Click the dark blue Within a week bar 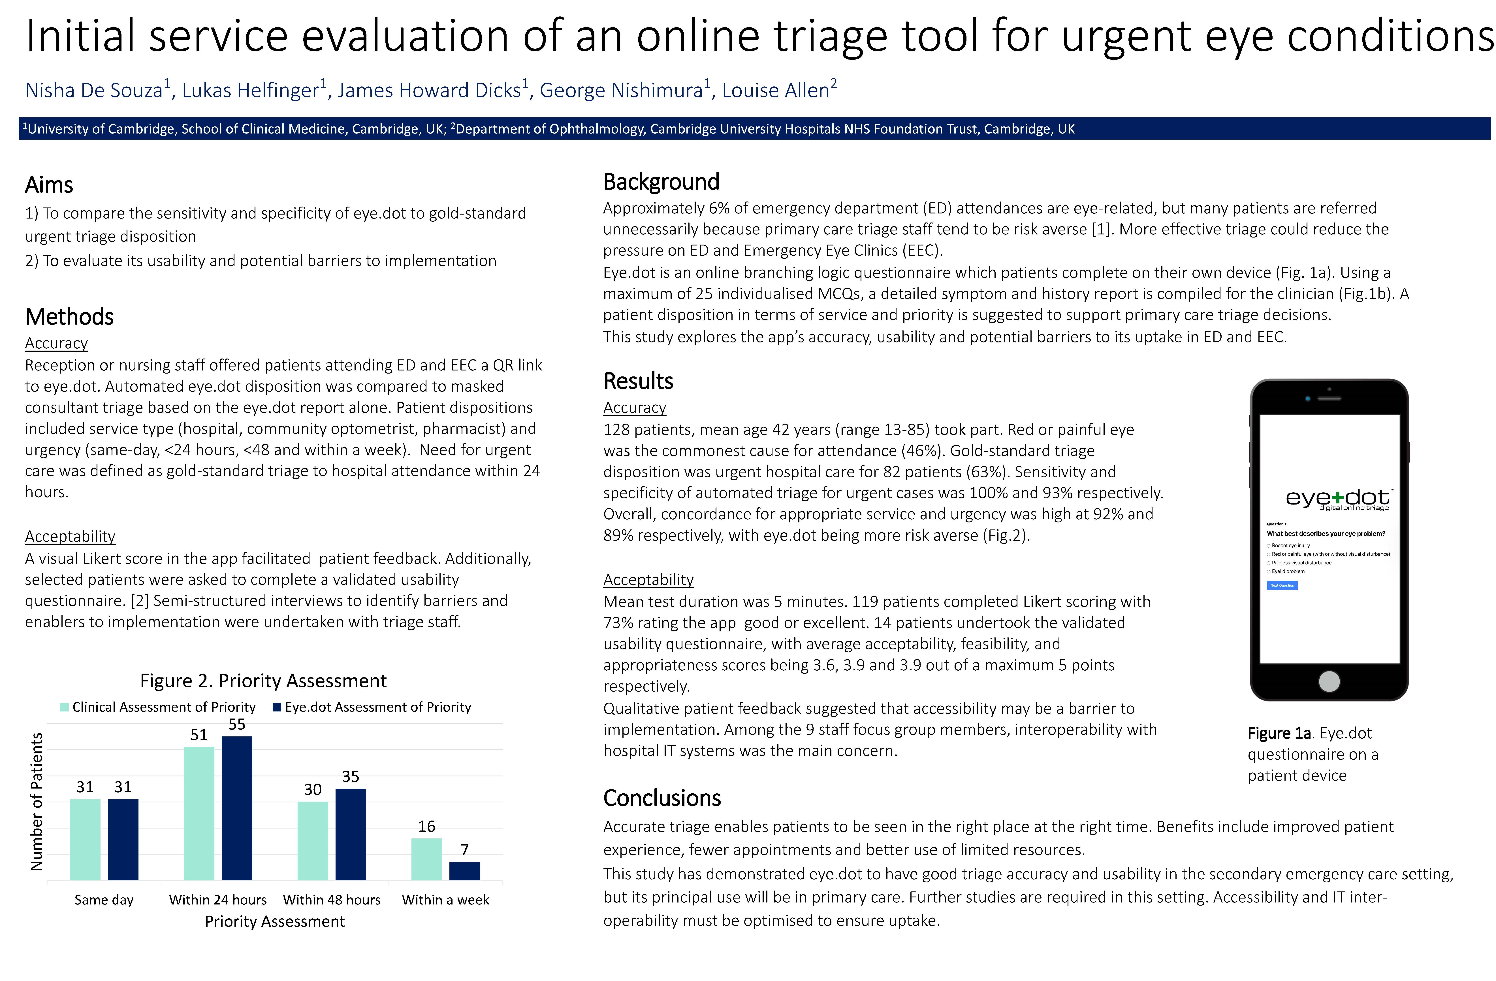(x=464, y=871)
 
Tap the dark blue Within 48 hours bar (x=351, y=834)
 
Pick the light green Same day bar (x=85, y=840)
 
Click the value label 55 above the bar (x=237, y=724)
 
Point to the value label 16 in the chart (x=427, y=826)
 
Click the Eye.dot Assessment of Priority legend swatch (x=277, y=707)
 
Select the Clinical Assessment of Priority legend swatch (x=64, y=707)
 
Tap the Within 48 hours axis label (x=332, y=900)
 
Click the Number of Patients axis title (x=37, y=802)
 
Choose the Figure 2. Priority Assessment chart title (x=263, y=681)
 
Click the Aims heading (x=49, y=185)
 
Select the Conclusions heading (x=662, y=798)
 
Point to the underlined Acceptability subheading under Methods (x=70, y=536)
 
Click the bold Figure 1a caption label (x=1279, y=733)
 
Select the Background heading (x=661, y=182)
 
